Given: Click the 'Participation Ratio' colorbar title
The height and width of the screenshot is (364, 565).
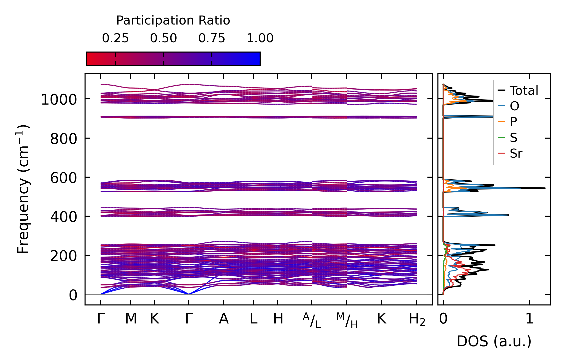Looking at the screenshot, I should click(x=173, y=21).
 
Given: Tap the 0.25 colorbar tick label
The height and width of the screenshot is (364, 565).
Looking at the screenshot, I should click(x=115, y=38).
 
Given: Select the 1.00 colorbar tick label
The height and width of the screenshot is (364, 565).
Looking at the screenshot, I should click(x=260, y=38).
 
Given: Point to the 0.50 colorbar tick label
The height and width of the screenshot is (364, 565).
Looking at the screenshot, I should click(x=164, y=38).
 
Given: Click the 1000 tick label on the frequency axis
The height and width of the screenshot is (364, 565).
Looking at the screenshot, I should click(x=59, y=100).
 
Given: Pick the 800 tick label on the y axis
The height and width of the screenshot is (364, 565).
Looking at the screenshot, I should click(x=64, y=139).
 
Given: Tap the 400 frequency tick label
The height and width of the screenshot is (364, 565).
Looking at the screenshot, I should click(x=64, y=217).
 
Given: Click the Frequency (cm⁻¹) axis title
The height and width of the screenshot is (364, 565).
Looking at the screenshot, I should click(x=23, y=189).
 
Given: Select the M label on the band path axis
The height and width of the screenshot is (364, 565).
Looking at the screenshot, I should click(x=131, y=319).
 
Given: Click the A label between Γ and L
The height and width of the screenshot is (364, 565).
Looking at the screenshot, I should click(x=224, y=319).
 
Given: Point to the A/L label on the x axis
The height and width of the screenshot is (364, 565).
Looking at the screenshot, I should click(x=312, y=320).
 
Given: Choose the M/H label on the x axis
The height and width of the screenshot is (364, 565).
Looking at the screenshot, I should click(x=347, y=320).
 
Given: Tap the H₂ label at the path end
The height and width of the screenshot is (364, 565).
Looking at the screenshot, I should click(x=417, y=319).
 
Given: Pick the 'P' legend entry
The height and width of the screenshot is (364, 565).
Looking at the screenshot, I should click(x=513, y=122).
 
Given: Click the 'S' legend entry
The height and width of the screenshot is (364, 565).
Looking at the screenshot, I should click(x=513, y=137).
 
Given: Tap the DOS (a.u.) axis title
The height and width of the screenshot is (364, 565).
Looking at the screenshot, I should click(x=494, y=341).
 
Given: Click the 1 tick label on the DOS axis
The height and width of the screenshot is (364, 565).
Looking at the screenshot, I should click(x=529, y=319).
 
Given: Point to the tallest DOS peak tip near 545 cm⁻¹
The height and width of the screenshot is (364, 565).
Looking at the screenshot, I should click(x=545, y=188).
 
